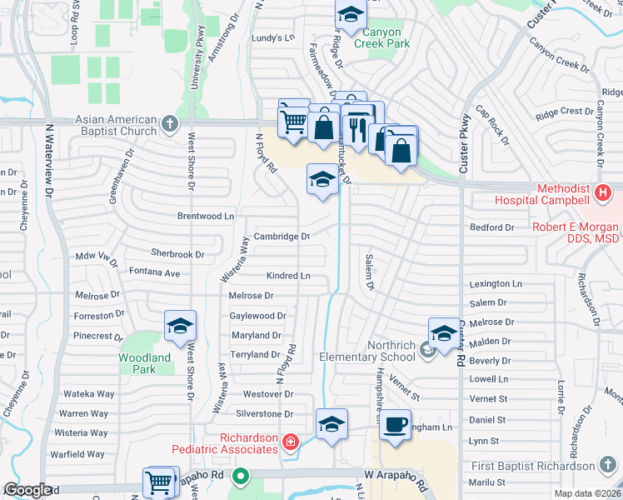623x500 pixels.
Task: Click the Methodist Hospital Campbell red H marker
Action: [x=604, y=195]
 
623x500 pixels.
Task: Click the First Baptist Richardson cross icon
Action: [x=611, y=466]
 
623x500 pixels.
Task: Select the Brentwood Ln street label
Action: [x=206, y=216]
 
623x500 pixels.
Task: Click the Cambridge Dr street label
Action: [x=282, y=236]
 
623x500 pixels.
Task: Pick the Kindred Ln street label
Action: [x=288, y=275]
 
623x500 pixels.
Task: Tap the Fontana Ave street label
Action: [x=154, y=272]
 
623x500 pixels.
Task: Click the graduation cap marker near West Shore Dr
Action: [x=179, y=327]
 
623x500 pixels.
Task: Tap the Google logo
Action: [x=27, y=490]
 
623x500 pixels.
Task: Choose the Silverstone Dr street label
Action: [x=266, y=413]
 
